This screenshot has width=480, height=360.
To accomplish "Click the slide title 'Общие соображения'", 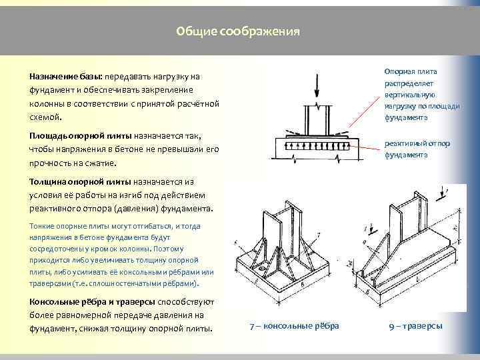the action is (x=238, y=31).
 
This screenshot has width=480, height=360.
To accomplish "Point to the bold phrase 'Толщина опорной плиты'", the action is (x=80, y=181).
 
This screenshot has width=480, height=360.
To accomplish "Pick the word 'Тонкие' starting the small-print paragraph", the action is (x=41, y=226).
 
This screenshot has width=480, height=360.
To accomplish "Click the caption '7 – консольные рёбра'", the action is (x=294, y=325).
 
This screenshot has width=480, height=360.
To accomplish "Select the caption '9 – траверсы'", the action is (x=415, y=325).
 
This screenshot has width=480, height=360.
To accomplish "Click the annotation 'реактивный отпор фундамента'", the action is (x=407, y=149).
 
